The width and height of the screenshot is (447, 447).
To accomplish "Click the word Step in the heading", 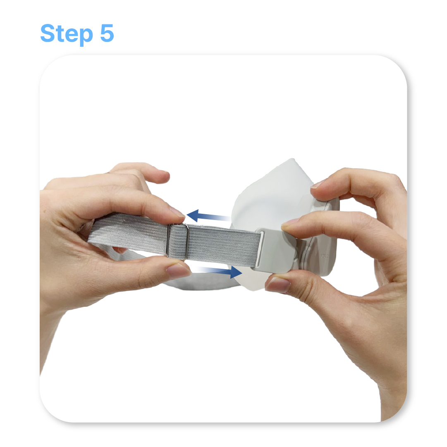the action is tap(67, 34).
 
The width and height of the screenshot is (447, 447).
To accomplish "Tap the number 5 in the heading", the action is tap(107, 33).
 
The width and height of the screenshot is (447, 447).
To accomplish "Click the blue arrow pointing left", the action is tap(208, 216).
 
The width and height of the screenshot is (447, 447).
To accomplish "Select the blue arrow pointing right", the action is tap(218, 271).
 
